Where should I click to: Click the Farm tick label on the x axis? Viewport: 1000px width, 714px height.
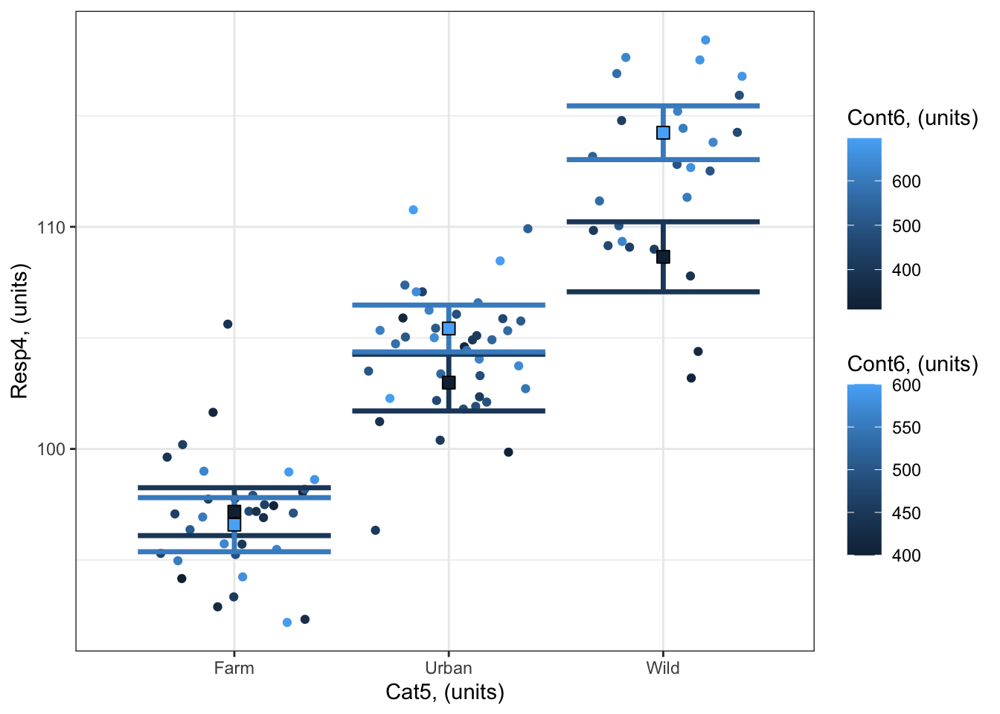point(234,668)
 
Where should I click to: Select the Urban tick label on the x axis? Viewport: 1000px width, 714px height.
point(448,668)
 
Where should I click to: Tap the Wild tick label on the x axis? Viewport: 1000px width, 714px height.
point(662,668)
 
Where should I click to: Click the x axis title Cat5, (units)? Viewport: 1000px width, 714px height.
point(445,692)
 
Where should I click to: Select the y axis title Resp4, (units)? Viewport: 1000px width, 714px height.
point(19,331)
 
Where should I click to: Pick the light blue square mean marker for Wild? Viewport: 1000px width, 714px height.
point(663,133)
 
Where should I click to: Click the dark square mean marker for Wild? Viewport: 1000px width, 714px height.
point(663,257)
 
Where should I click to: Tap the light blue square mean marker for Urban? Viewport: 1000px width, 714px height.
point(449,329)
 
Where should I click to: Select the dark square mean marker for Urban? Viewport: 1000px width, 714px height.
point(449,383)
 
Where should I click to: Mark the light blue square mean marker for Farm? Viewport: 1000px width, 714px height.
point(234,524)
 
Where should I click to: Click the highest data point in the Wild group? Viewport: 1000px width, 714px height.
point(705,40)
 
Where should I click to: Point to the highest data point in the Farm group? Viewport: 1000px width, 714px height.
point(228,324)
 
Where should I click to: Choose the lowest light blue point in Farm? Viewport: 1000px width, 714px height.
point(287,623)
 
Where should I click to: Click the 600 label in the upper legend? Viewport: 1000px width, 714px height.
point(906,181)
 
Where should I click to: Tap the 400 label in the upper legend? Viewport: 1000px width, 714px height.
point(906,270)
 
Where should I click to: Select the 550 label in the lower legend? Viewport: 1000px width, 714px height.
point(906,428)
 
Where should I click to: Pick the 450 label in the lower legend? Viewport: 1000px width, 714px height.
point(906,513)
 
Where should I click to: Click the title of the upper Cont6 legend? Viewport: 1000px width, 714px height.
point(912,118)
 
